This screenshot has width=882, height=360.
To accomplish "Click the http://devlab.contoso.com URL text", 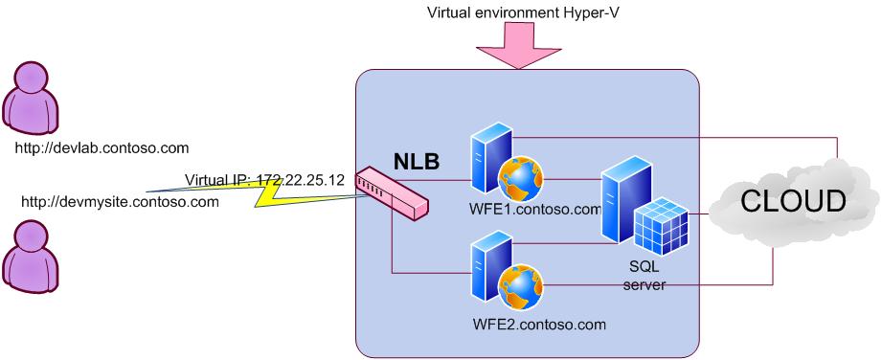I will click(x=102, y=147).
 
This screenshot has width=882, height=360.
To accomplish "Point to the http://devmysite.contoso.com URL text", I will click(x=120, y=202).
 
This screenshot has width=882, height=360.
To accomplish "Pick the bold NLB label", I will click(x=417, y=161).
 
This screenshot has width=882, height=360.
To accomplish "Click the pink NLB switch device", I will click(x=391, y=193).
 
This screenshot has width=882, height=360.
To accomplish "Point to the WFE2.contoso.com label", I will click(x=540, y=325).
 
